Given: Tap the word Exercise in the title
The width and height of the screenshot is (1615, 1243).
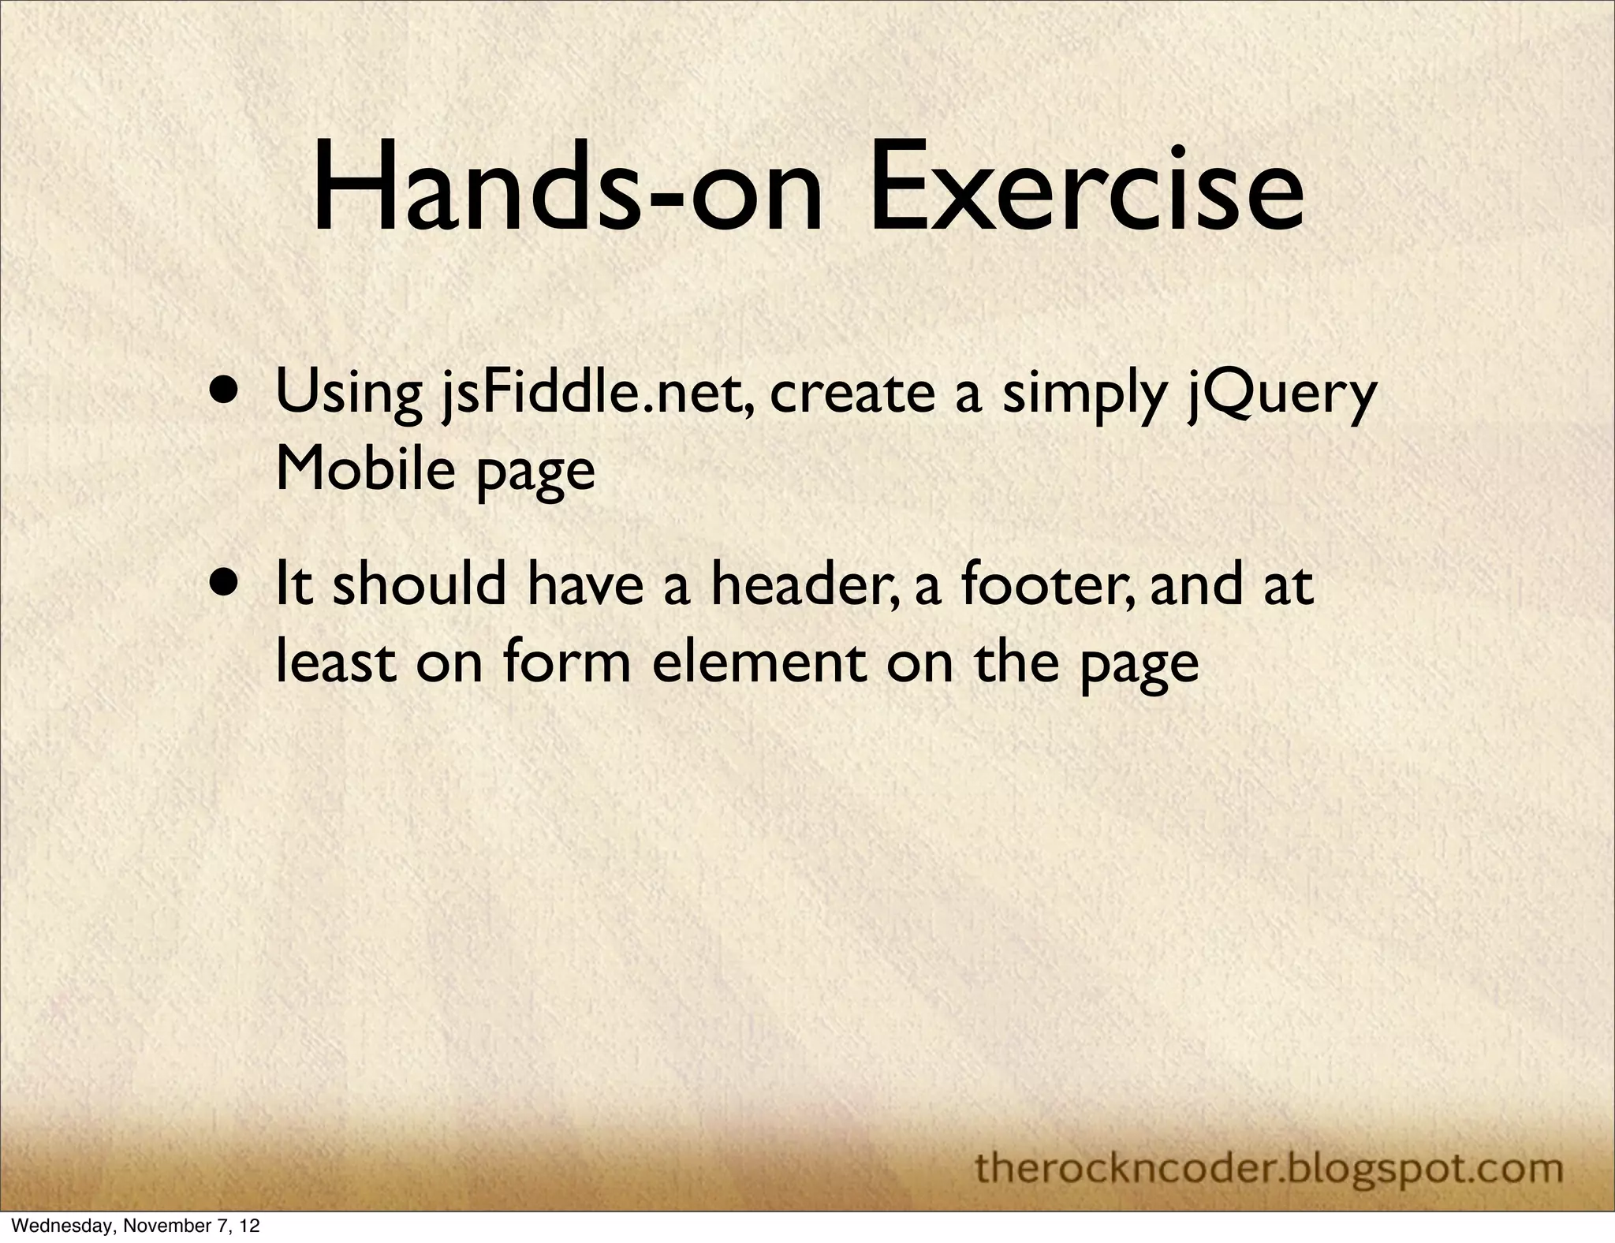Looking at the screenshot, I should pos(1086,192).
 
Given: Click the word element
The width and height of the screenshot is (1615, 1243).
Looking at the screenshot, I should pos(759,663).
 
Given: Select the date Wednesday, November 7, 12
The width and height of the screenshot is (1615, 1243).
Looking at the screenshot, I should pos(131,1226).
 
